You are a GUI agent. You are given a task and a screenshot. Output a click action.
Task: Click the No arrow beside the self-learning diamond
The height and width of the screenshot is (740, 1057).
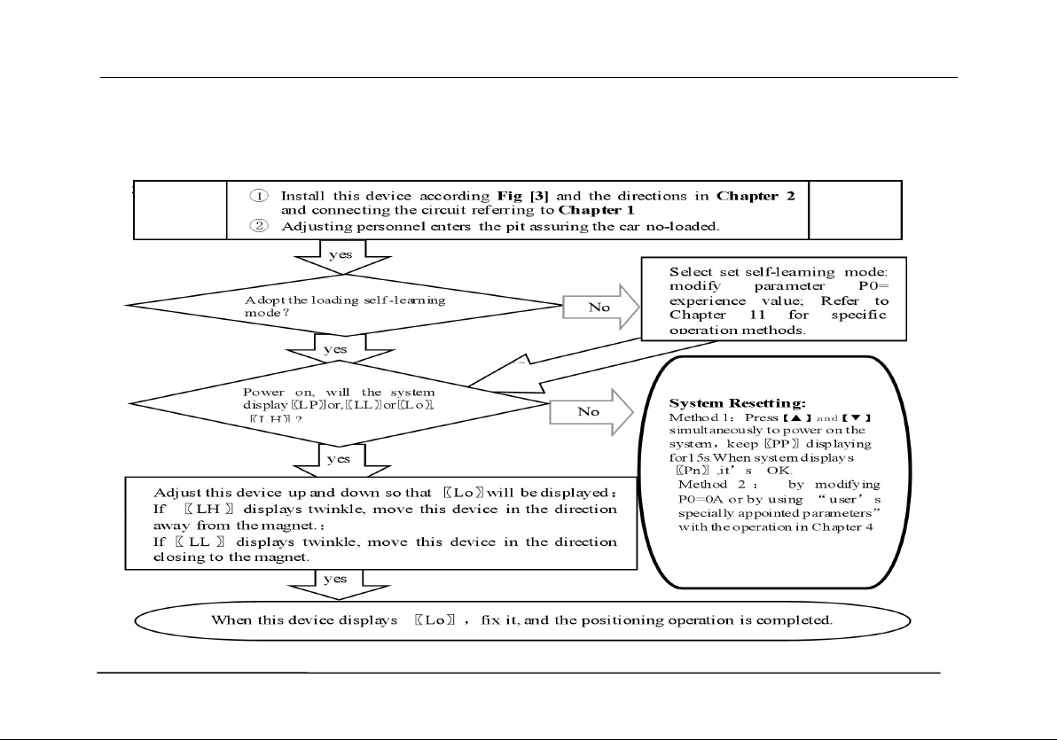(601, 308)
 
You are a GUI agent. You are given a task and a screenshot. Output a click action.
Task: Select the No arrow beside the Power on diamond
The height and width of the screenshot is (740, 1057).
(591, 412)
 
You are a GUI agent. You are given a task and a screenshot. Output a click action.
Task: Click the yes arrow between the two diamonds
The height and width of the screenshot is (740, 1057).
(335, 350)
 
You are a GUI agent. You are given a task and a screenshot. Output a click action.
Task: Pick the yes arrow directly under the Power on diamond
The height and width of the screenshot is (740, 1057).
(339, 460)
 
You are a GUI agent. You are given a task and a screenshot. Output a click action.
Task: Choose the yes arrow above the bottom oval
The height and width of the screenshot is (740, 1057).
(335, 579)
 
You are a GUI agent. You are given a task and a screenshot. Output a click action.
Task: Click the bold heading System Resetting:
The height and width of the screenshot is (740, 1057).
(737, 403)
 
